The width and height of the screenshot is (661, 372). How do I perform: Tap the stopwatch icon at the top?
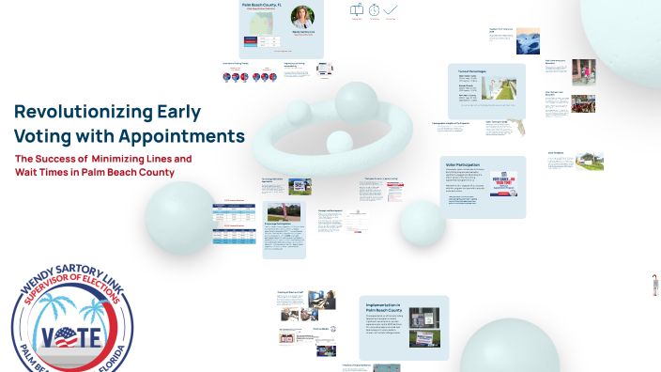[375, 9]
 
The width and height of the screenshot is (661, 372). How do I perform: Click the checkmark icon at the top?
[392, 9]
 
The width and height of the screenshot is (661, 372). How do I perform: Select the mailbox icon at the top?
[357, 9]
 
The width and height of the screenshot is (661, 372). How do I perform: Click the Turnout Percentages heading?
[475, 71]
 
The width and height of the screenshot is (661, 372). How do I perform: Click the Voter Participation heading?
[466, 163]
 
